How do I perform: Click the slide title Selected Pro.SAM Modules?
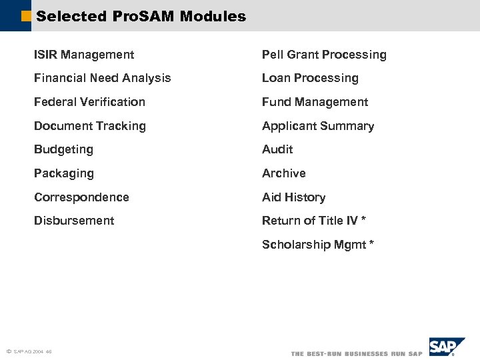point(141,17)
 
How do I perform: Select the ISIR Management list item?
point(84,55)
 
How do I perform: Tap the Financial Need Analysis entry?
point(102,78)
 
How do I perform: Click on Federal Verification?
point(89,102)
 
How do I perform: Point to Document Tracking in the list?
point(89,126)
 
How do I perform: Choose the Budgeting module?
point(63,149)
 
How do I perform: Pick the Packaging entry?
point(64,173)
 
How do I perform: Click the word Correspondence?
point(81,197)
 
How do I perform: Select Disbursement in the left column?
point(74,221)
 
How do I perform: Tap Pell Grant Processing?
point(324,55)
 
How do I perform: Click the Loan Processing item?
point(310,78)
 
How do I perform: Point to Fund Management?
point(315,102)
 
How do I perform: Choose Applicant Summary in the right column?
point(318,126)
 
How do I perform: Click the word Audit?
point(277,149)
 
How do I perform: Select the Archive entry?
point(284,173)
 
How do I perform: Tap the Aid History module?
point(293,197)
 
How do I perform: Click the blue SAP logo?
point(446,347)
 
